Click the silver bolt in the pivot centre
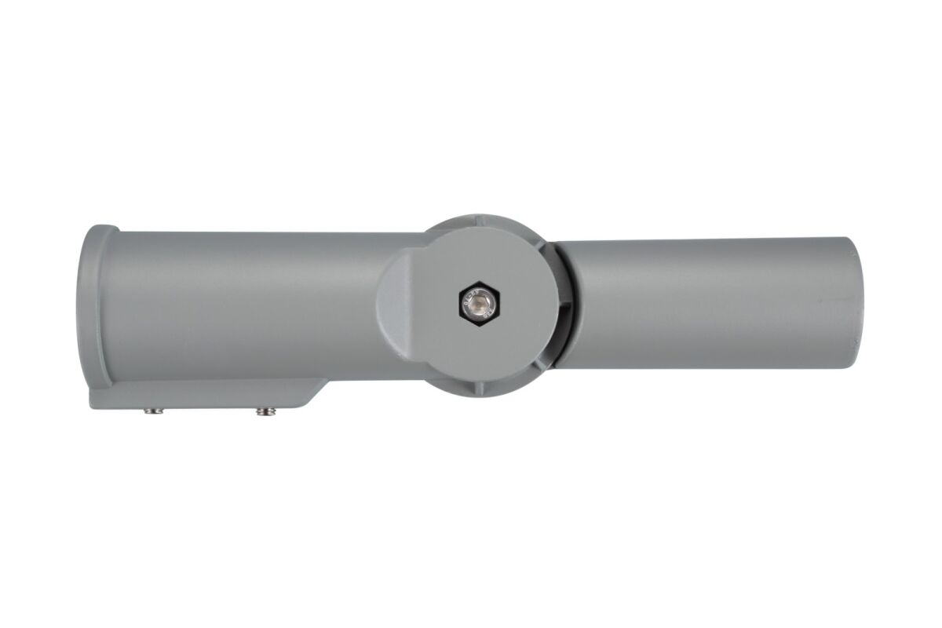click(x=476, y=302)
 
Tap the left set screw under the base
click(x=151, y=410)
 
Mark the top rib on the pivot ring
click(x=476, y=216)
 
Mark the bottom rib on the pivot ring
click(x=476, y=387)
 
